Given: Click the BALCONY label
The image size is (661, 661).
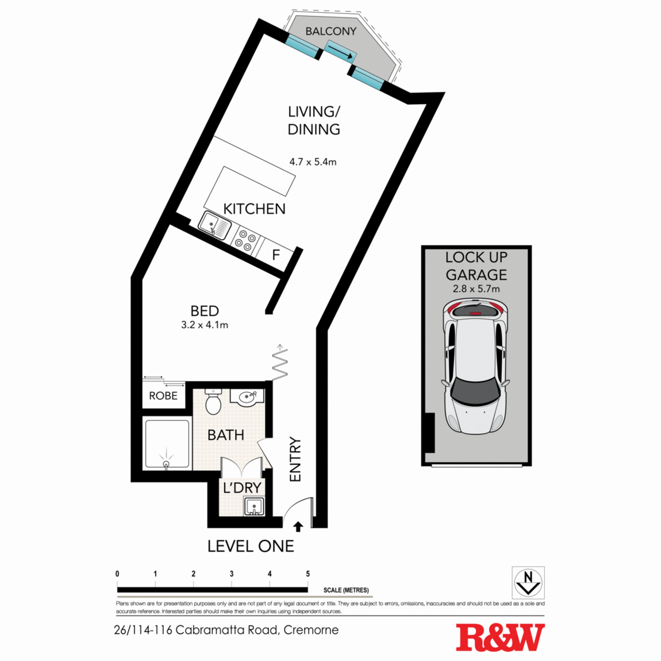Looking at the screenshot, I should (x=330, y=32).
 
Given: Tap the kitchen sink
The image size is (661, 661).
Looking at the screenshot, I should (x=214, y=224).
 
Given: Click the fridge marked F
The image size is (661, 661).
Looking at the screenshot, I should (x=276, y=254).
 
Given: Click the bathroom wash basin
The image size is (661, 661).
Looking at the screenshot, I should (x=248, y=397).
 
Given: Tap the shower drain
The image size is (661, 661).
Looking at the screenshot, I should (x=167, y=463).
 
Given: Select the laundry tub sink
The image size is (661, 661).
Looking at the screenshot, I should (x=253, y=507).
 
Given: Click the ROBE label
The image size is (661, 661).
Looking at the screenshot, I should (x=163, y=396).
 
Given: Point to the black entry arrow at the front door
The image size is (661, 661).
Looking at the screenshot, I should (x=298, y=526).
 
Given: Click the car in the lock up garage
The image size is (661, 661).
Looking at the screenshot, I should (x=475, y=368).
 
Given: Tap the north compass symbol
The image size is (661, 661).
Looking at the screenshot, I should (x=528, y=582).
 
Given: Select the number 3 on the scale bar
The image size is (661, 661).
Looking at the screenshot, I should (x=232, y=574).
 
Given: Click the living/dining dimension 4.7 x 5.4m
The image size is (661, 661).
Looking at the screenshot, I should (x=313, y=162).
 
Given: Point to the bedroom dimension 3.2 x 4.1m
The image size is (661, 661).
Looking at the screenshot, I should (x=205, y=325).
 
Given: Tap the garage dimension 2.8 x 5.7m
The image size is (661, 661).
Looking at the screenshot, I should (x=476, y=289).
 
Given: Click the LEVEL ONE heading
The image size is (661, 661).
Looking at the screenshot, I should (x=251, y=546).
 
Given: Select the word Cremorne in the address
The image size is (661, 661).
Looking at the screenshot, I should (x=311, y=630).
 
